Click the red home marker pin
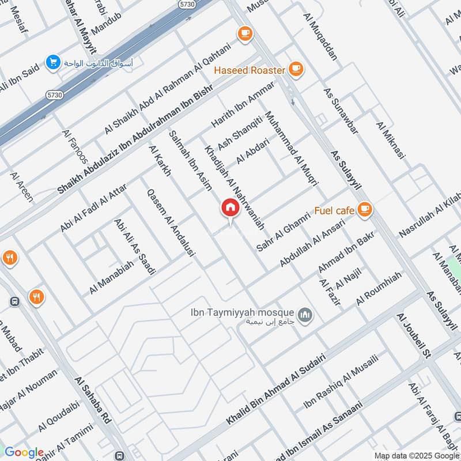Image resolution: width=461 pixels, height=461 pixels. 230,208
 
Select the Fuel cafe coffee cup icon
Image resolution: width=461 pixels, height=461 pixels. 364,210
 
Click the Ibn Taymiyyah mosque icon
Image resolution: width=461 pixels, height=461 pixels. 305,315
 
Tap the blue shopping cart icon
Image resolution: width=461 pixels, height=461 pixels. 53,61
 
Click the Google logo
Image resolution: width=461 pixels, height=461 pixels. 24,452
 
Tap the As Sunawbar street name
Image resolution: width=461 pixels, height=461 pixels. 341,111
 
